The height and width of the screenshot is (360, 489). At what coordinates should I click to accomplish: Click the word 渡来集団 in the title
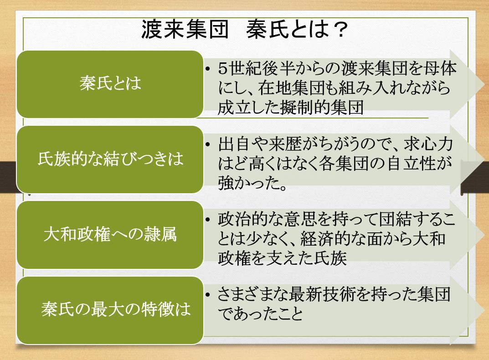[185, 30]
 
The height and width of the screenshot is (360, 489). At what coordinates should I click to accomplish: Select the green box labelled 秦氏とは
[110, 84]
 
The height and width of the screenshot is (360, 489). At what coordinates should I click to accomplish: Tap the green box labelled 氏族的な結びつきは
[110, 159]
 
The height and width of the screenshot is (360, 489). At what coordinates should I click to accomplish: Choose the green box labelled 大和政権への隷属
[110, 235]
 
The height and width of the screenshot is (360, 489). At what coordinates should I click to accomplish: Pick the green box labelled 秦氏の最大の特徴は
[110, 310]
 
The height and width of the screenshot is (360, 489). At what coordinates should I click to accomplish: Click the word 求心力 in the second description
[428, 144]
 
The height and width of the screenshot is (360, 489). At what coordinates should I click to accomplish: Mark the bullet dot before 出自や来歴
[208, 144]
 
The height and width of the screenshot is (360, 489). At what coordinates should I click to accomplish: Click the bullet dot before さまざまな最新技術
[208, 294]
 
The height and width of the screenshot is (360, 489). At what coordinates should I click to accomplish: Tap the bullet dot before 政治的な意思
[208, 220]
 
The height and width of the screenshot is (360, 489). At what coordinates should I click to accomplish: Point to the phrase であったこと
[261, 314]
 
